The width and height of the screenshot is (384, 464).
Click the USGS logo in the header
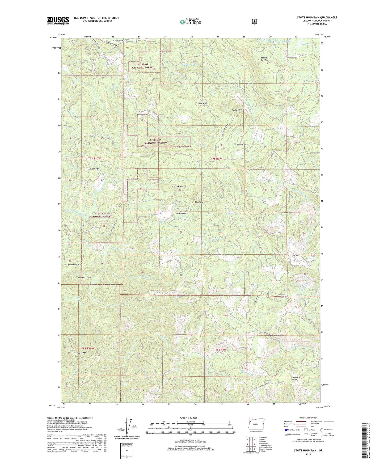pos(58,20)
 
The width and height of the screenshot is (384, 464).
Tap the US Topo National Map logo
pos(190,22)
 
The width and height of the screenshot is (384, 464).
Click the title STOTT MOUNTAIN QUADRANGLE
pos(317,18)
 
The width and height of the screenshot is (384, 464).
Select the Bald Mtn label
pos(202,103)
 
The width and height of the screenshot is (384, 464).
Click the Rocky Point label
pos(237,110)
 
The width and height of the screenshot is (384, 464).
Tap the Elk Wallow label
pos(242,145)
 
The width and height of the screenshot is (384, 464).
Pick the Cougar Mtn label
pos(94,169)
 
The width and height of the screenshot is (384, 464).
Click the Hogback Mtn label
pos(177,187)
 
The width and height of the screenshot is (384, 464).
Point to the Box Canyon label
pos(180,214)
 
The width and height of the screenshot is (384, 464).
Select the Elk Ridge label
pos(199,202)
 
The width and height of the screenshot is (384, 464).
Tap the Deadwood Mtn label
pos(74,265)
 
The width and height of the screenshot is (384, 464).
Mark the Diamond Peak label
pos(84,277)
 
